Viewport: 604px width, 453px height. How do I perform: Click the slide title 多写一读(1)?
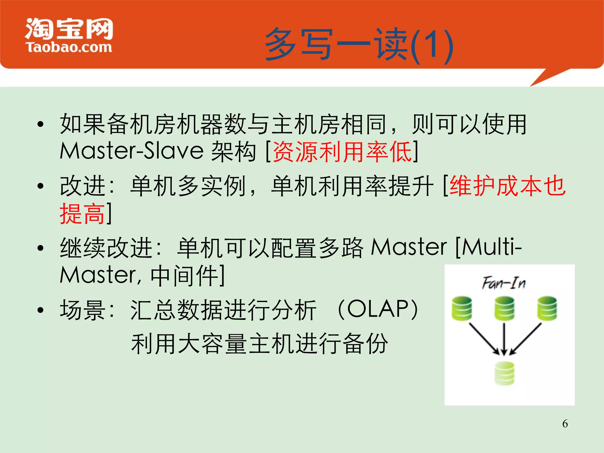[x=358, y=44]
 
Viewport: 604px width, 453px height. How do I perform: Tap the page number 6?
[x=565, y=424]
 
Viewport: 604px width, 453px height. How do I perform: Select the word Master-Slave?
[x=132, y=151]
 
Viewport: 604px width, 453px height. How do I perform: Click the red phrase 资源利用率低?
[x=342, y=152]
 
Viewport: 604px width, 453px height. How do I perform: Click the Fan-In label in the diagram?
[x=504, y=283]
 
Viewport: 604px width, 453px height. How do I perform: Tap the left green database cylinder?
[x=462, y=308]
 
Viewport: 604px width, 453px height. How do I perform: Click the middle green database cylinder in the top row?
[x=504, y=308]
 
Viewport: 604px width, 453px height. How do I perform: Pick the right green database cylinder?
[x=547, y=308]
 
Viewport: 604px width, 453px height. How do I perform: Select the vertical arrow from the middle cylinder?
[x=504, y=339]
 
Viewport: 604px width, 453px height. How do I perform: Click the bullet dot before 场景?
[x=41, y=310]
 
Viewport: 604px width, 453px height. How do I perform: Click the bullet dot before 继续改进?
[x=41, y=248]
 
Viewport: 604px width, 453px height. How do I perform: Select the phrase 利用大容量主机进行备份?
[x=260, y=343]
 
